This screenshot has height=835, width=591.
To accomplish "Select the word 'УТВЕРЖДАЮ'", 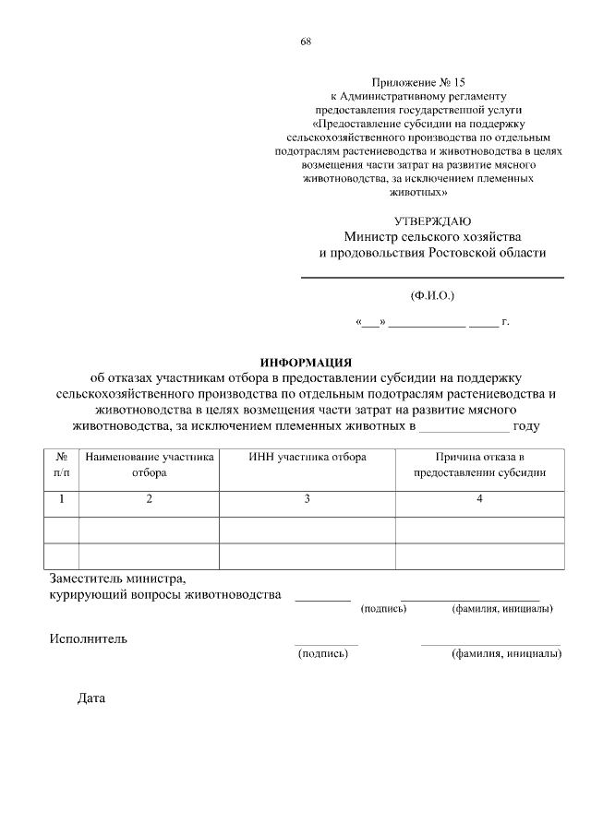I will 432,221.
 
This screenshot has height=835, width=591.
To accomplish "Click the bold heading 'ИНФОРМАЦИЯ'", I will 306,361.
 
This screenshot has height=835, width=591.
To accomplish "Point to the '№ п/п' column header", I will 62,464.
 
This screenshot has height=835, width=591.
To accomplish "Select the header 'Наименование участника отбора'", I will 149,464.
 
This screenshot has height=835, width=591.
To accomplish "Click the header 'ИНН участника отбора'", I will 308,457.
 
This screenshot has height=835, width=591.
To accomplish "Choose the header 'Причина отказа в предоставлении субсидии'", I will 479,464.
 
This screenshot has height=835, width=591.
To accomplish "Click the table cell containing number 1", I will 62,499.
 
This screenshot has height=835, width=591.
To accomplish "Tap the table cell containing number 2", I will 149,499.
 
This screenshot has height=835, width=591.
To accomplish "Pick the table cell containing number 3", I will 308,499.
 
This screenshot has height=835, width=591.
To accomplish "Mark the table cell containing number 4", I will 479,499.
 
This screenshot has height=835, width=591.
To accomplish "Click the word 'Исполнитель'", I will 89,638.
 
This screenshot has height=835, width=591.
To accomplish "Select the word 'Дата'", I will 91,698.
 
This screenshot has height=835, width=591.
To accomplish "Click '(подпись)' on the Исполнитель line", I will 321,653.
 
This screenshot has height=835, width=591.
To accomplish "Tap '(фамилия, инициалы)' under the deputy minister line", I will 501,609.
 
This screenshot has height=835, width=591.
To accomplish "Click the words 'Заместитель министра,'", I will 117,579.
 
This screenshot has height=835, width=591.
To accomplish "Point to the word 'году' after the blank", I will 526,427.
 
